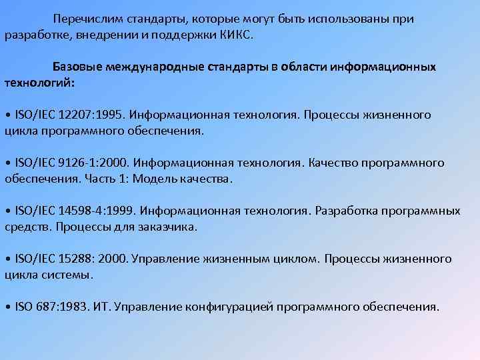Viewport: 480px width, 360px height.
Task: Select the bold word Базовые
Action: pyautogui.click(x=77, y=67)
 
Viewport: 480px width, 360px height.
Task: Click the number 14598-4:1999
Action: pyautogui.click(x=95, y=211)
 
